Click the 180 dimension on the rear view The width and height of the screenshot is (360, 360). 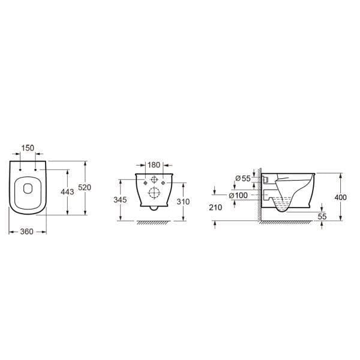(154, 164)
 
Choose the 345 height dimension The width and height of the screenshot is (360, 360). (121, 199)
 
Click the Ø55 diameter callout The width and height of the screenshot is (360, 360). (242, 179)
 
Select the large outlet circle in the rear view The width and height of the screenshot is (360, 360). (154, 193)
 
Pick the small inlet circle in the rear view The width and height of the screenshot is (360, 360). (154, 179)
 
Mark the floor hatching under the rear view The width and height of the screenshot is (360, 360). (154, 223)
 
